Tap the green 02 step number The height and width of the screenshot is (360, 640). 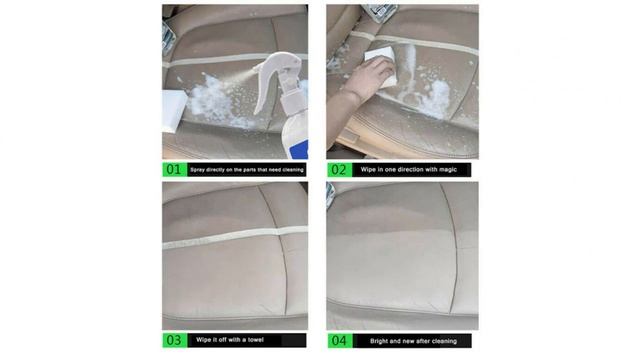click(338, 170)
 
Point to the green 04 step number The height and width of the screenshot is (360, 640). click(338, 340)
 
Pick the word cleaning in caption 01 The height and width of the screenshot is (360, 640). click(290, 170)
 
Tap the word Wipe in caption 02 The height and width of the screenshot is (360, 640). click(370, 170)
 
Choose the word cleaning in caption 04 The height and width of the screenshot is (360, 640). click(454, 340)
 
